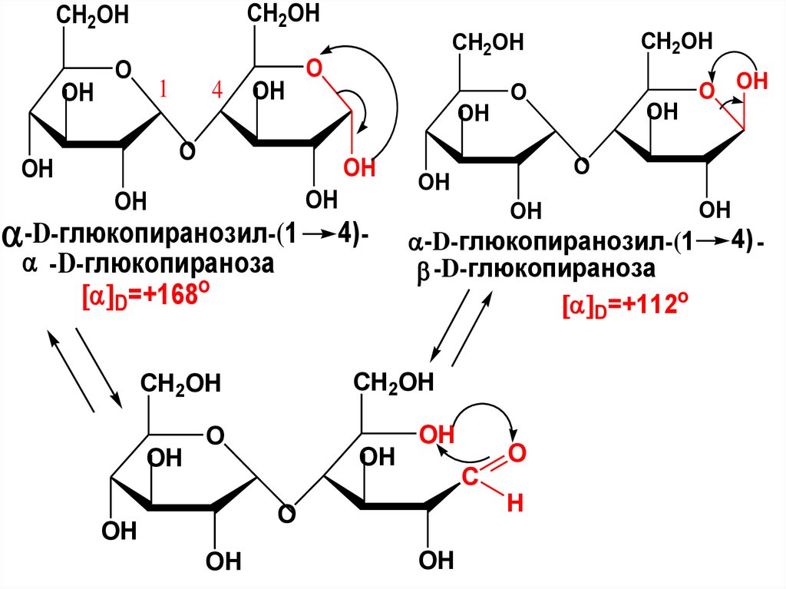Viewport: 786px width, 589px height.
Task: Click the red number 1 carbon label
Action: pyautogui.click(x=163, y=91)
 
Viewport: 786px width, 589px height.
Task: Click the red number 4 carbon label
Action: pyautogui.click(x=217, y=91)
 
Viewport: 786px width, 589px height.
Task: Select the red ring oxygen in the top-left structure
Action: pyautogui.click(x=312, y=70)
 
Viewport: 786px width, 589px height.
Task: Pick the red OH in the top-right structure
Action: pyautogui.click(x=751, y=81)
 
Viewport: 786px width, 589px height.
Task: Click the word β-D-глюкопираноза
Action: pyautogui.click(x=537, y=272)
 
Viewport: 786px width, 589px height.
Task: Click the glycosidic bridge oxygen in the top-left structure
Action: pyautogui.click(x=186, y=150)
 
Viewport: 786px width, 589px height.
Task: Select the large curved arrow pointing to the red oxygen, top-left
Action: pyautogui.click(x=391, y=92)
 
